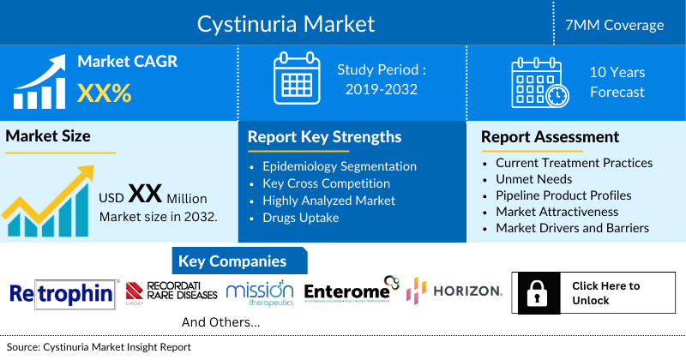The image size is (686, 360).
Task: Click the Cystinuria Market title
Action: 286,23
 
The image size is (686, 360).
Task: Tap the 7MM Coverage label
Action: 615,25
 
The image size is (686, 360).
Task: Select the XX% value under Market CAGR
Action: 105,93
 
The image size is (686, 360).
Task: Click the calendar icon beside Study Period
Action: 296,79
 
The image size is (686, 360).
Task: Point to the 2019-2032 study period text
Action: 381,89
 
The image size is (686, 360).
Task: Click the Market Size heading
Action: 48,135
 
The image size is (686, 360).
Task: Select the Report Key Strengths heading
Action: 324,136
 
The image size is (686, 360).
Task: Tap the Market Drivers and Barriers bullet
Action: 572,228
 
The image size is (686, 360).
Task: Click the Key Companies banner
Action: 232,261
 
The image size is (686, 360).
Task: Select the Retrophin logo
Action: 62,295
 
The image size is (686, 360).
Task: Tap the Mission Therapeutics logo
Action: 260,294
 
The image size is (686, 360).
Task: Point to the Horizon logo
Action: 454,291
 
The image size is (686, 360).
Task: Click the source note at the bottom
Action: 99,347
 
